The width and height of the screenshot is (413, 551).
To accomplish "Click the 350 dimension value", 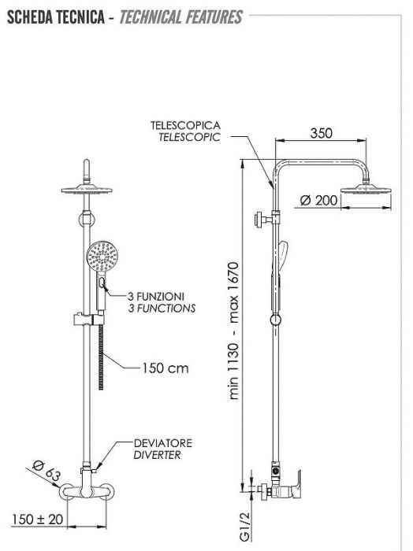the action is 321,133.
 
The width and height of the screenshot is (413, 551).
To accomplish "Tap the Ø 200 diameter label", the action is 318,200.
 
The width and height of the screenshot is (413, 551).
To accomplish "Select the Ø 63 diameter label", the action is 47,471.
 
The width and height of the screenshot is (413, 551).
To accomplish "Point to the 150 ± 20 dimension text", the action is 37,519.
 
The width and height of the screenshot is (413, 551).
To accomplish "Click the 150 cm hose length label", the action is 166,368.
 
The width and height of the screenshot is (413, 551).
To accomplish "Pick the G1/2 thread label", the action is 245,527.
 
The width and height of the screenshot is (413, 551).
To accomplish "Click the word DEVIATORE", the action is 163,442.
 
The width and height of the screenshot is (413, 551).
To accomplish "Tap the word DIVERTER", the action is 157,455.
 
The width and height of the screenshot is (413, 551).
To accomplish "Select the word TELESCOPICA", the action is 185,125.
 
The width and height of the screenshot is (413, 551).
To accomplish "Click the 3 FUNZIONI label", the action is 156,296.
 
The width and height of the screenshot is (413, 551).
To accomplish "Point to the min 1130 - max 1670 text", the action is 233,331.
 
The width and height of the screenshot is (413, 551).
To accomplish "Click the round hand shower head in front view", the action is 102,256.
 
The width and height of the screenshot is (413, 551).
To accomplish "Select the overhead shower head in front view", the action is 87,190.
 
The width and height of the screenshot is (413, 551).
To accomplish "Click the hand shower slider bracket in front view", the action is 89,319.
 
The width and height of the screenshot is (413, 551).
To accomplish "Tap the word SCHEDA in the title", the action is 30,17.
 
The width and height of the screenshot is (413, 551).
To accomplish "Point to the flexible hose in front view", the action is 102,357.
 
